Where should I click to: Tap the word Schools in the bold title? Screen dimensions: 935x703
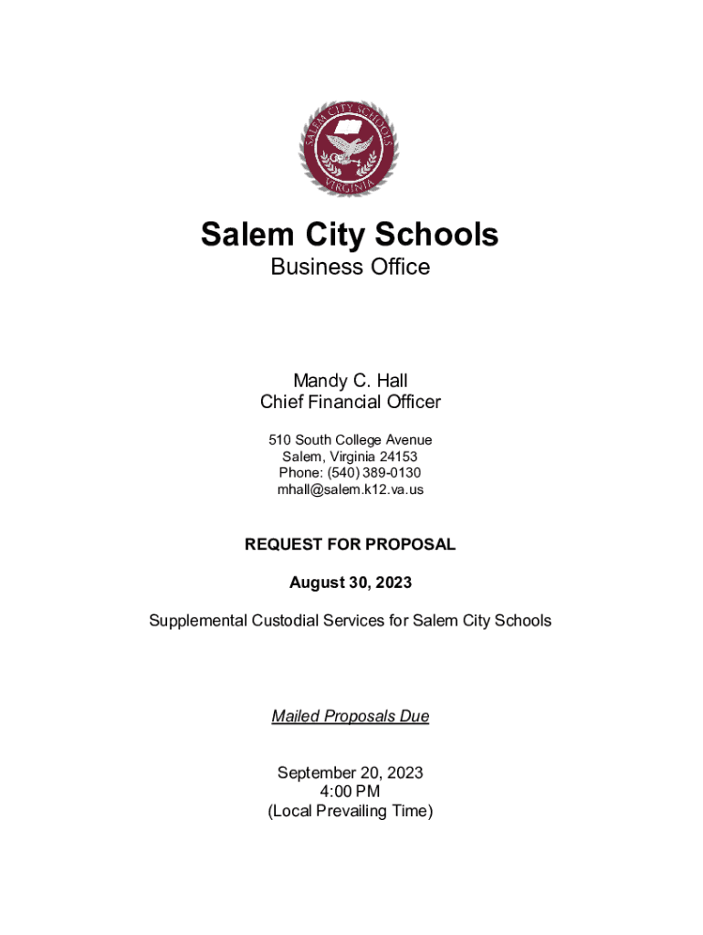point(442,235)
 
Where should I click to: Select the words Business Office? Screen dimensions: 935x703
point(350,267)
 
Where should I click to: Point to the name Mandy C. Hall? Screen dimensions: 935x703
point(350,380)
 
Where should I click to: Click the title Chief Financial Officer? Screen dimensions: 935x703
point(350,402)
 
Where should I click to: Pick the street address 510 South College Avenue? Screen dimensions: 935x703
point(350,440)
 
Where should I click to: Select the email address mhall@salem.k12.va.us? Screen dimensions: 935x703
point(350,489)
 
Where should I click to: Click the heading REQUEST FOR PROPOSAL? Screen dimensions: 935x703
point(350,544)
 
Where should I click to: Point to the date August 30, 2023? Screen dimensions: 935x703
point(350,583)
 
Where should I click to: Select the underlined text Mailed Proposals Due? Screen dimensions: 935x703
point(350,717)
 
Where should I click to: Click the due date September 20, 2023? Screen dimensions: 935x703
point(350,772)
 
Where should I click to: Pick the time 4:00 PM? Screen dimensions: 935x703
point(350,792)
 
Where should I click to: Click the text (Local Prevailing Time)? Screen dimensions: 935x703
point(350,811)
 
